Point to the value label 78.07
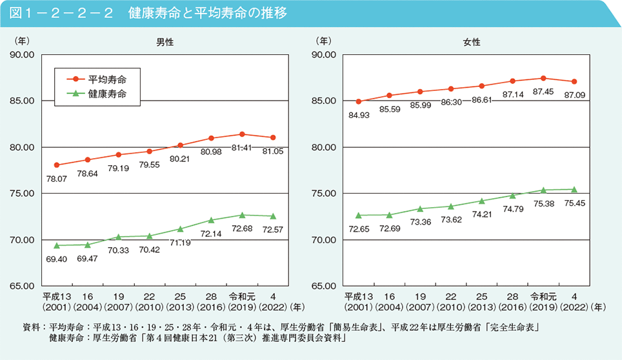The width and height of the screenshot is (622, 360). (x=57, y=178)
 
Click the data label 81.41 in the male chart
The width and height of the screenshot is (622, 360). (x=242, y=148)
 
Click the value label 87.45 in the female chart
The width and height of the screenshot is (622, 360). (x=543, y=92)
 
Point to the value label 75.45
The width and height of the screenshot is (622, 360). (x=574, y=204)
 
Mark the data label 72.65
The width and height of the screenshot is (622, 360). (x=358, y=229)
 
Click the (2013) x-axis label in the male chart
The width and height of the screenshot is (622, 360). (x=180, y=307)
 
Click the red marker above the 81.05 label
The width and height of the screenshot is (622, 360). (x=273, y=137)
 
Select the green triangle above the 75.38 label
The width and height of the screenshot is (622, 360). (x=543, y=190)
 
